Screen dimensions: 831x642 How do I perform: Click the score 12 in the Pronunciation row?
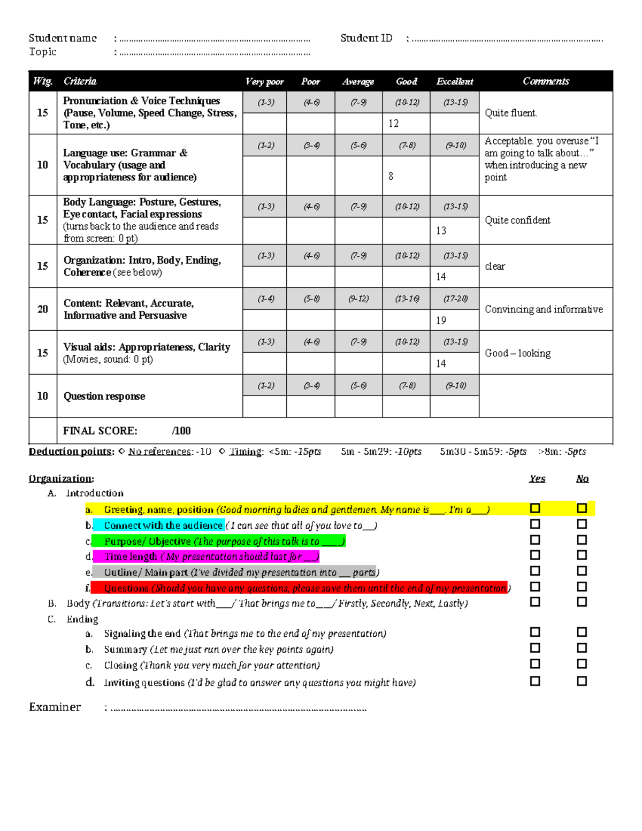click(394, 124)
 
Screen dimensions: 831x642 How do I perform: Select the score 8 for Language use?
click(391, 176)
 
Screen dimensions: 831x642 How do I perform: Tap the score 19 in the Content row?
click(441, 320)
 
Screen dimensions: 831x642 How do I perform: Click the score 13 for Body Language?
click(441, 231)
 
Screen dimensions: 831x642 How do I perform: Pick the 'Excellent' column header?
click(455, 81)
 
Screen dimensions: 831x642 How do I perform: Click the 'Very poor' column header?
click(264, 81)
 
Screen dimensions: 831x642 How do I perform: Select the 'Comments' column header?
click(546, 81)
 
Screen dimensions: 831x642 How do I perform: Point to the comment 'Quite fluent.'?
click(511, 113)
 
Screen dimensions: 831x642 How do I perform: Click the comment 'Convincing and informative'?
click(544, 309)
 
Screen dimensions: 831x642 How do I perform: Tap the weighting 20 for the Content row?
click(43, 309)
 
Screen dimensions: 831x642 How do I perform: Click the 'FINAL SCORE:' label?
click(100, 431)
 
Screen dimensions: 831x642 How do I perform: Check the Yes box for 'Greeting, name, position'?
click(535, 508)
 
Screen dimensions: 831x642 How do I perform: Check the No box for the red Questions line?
click(582, 587)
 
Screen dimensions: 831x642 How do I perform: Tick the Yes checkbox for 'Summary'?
click(535, 648)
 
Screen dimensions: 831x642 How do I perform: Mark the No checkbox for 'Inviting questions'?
click(582, 681)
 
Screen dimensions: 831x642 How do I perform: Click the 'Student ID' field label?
click(366, 38)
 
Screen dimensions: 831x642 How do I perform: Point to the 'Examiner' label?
click(55, 707)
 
